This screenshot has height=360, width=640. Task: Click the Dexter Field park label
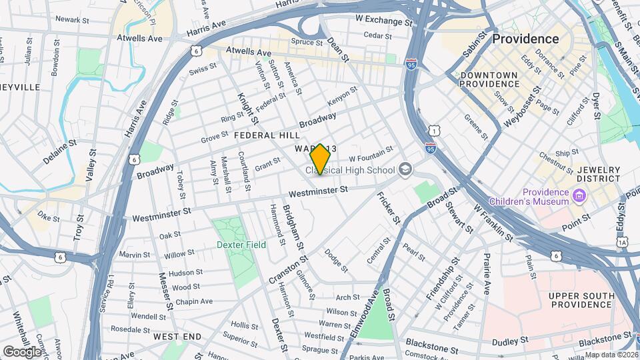click(x=241, y=245)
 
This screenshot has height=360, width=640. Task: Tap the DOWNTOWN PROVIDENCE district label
click(x=489, y=79)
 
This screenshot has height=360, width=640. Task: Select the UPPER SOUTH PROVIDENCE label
click(x=581, y=300)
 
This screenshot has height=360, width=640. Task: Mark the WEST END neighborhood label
click(x=177, y=337)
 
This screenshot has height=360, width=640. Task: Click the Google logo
click(x=21, y=351)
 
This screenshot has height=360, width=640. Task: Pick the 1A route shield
click(x=623, y=243)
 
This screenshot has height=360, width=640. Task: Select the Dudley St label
click(x=510, y=341)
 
